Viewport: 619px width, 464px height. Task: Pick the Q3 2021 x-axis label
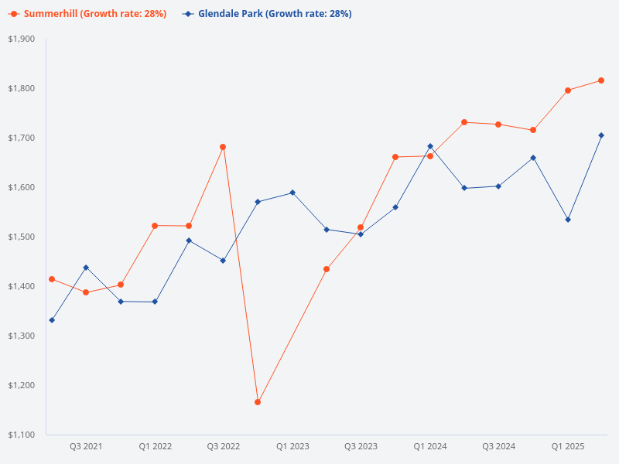point(86,446)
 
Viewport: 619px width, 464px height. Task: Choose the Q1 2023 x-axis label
point(292,446)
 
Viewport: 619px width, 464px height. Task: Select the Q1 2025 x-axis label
point(568,446)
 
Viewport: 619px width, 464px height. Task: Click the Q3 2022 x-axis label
point(224,446)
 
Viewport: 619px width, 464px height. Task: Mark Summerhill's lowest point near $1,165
point(258,402)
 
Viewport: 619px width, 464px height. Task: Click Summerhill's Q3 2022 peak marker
point(223,147)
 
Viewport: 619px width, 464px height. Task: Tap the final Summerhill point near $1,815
point(601,80)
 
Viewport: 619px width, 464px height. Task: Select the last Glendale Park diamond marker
point(601,135)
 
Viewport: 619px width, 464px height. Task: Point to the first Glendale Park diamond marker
point(52,320)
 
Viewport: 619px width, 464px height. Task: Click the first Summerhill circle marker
point(52,279)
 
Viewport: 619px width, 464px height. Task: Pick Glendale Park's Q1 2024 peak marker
point(430,146)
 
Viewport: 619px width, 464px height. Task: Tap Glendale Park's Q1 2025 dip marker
point(568,220)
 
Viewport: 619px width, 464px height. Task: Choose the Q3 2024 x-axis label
point(499,446)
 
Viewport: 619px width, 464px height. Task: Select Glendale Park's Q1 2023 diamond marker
point(292,193)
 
